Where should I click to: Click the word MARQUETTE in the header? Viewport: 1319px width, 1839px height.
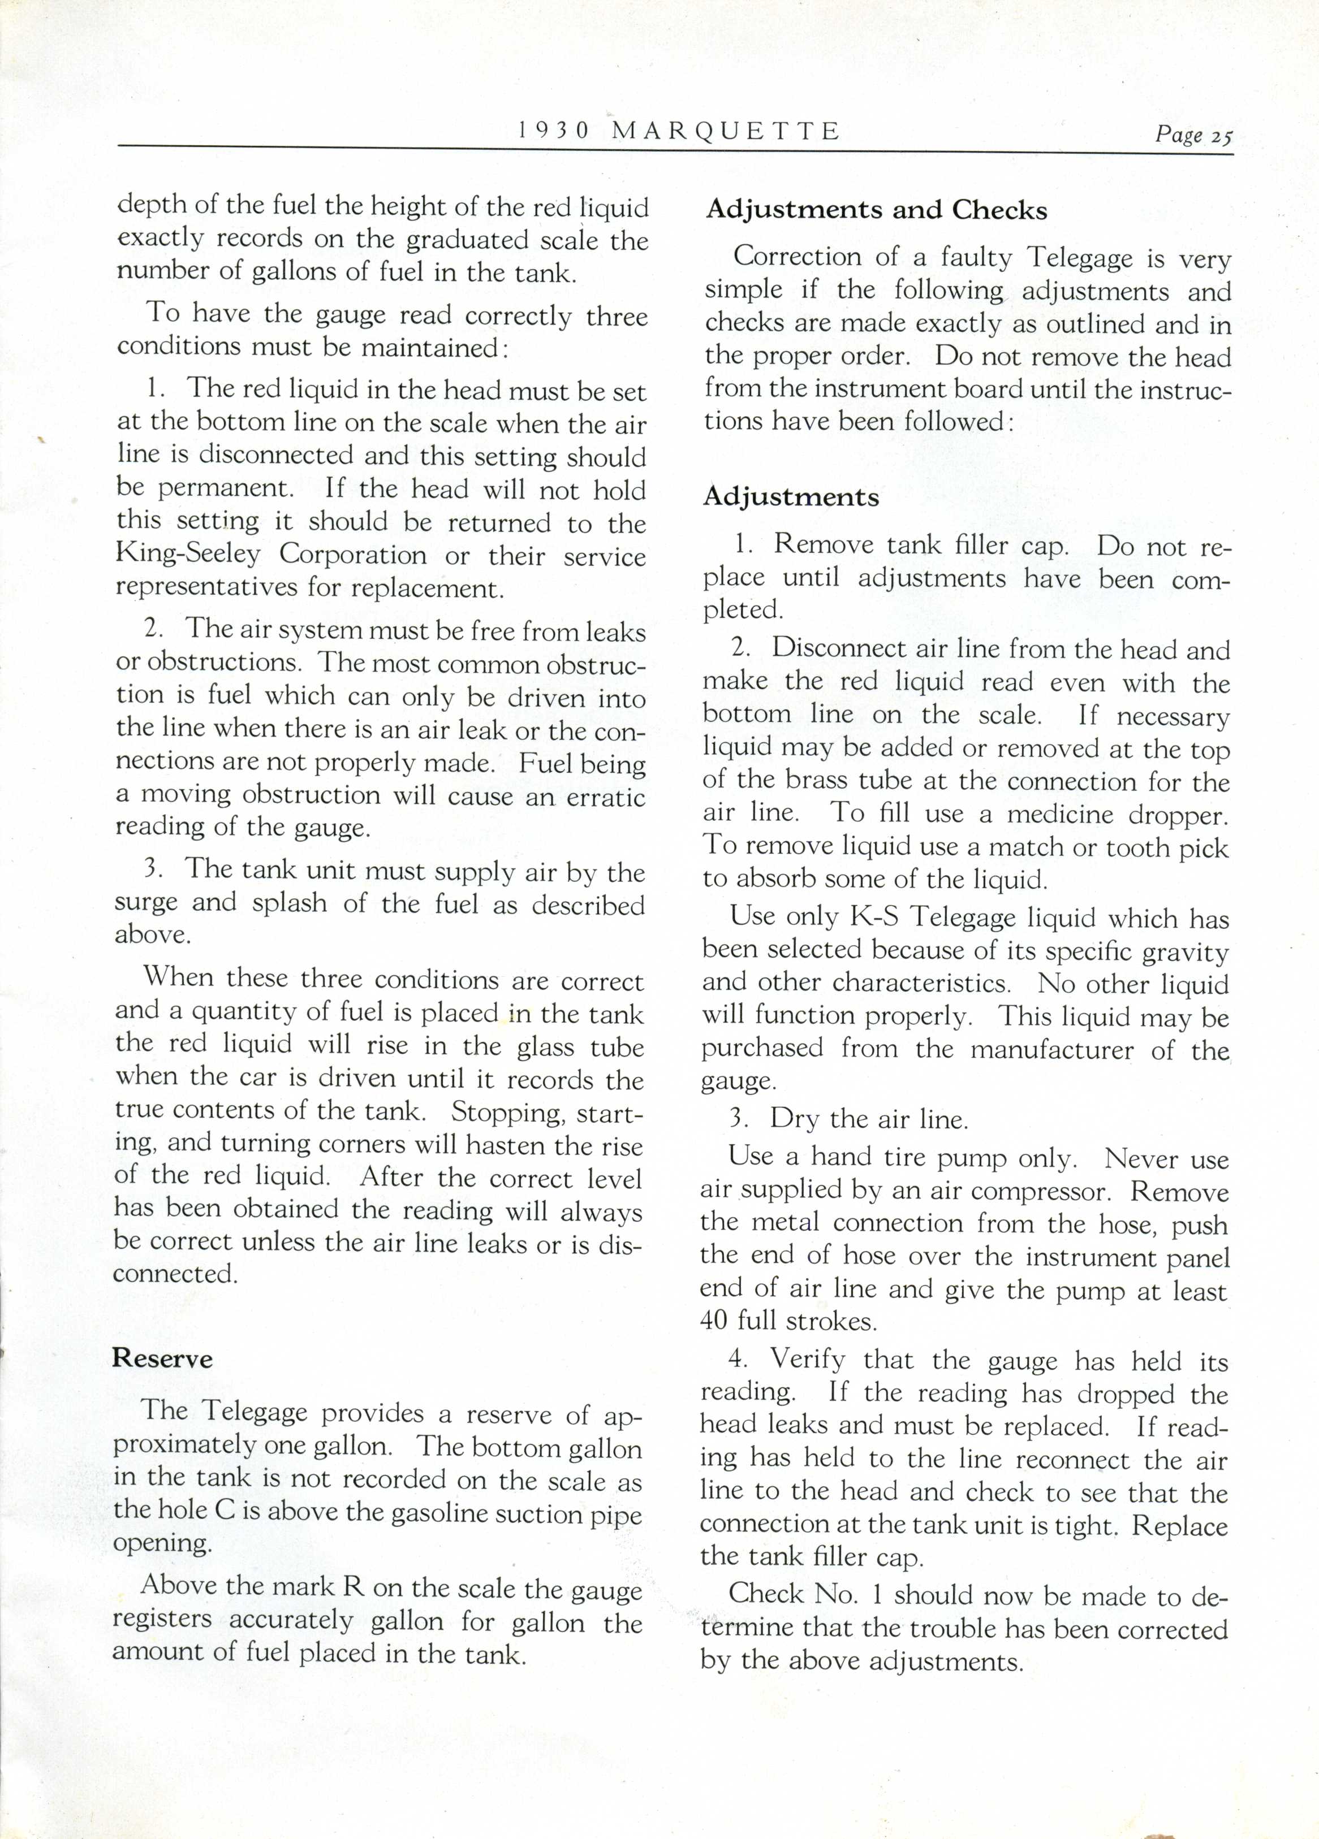click(x=725, y=131)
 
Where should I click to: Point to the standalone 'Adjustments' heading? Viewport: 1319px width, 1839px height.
click(x=791, y=496)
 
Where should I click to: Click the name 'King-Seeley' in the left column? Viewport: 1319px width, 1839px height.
click(x=188, y=555)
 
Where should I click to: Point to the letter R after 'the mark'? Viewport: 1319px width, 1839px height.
click(x=353, y=1586)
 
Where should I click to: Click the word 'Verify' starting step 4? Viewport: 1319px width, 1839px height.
click(x=807, y=1358)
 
